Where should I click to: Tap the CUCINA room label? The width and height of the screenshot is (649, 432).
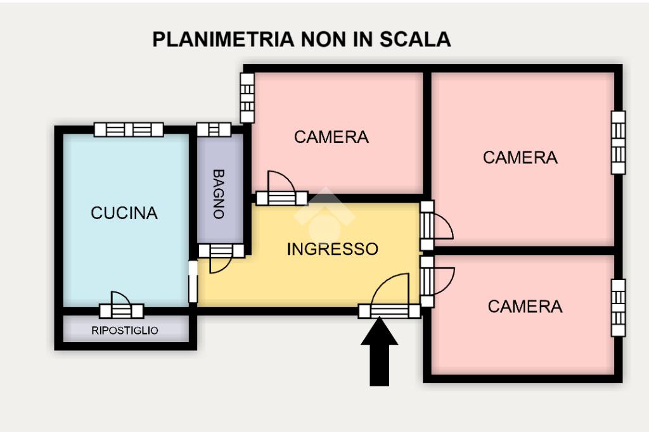pyautogui.click(x=124, y=213)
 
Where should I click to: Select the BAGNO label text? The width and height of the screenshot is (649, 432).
pyautogui.click(x=219, y=193)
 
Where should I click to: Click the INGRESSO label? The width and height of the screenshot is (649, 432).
pyautogui.click(x=332, y=249)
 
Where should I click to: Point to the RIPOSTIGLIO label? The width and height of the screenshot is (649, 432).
pyautogui.click(x=125, y=330)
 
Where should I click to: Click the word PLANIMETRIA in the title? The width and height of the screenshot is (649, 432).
pyautogui.click(x=224, y=39)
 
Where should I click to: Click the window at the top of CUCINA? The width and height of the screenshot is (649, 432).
pyautogui.click(x=129, y=129)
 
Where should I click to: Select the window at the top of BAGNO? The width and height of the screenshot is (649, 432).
pyautogui.click(x=213, y=129)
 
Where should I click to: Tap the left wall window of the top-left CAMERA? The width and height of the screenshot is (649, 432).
pyautogui.click(x=247, y=98)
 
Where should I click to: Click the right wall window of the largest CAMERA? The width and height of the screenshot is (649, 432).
pyautogui.click(x=618, y=143)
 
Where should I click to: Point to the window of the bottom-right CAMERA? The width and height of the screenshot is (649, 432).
pyautogui.click(x=618, y=308)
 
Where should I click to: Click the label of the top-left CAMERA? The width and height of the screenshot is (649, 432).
pyautogui.click(x=331, y=137)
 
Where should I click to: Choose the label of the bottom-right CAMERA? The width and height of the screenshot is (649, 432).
pyautogui.click(x=525, y=307)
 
